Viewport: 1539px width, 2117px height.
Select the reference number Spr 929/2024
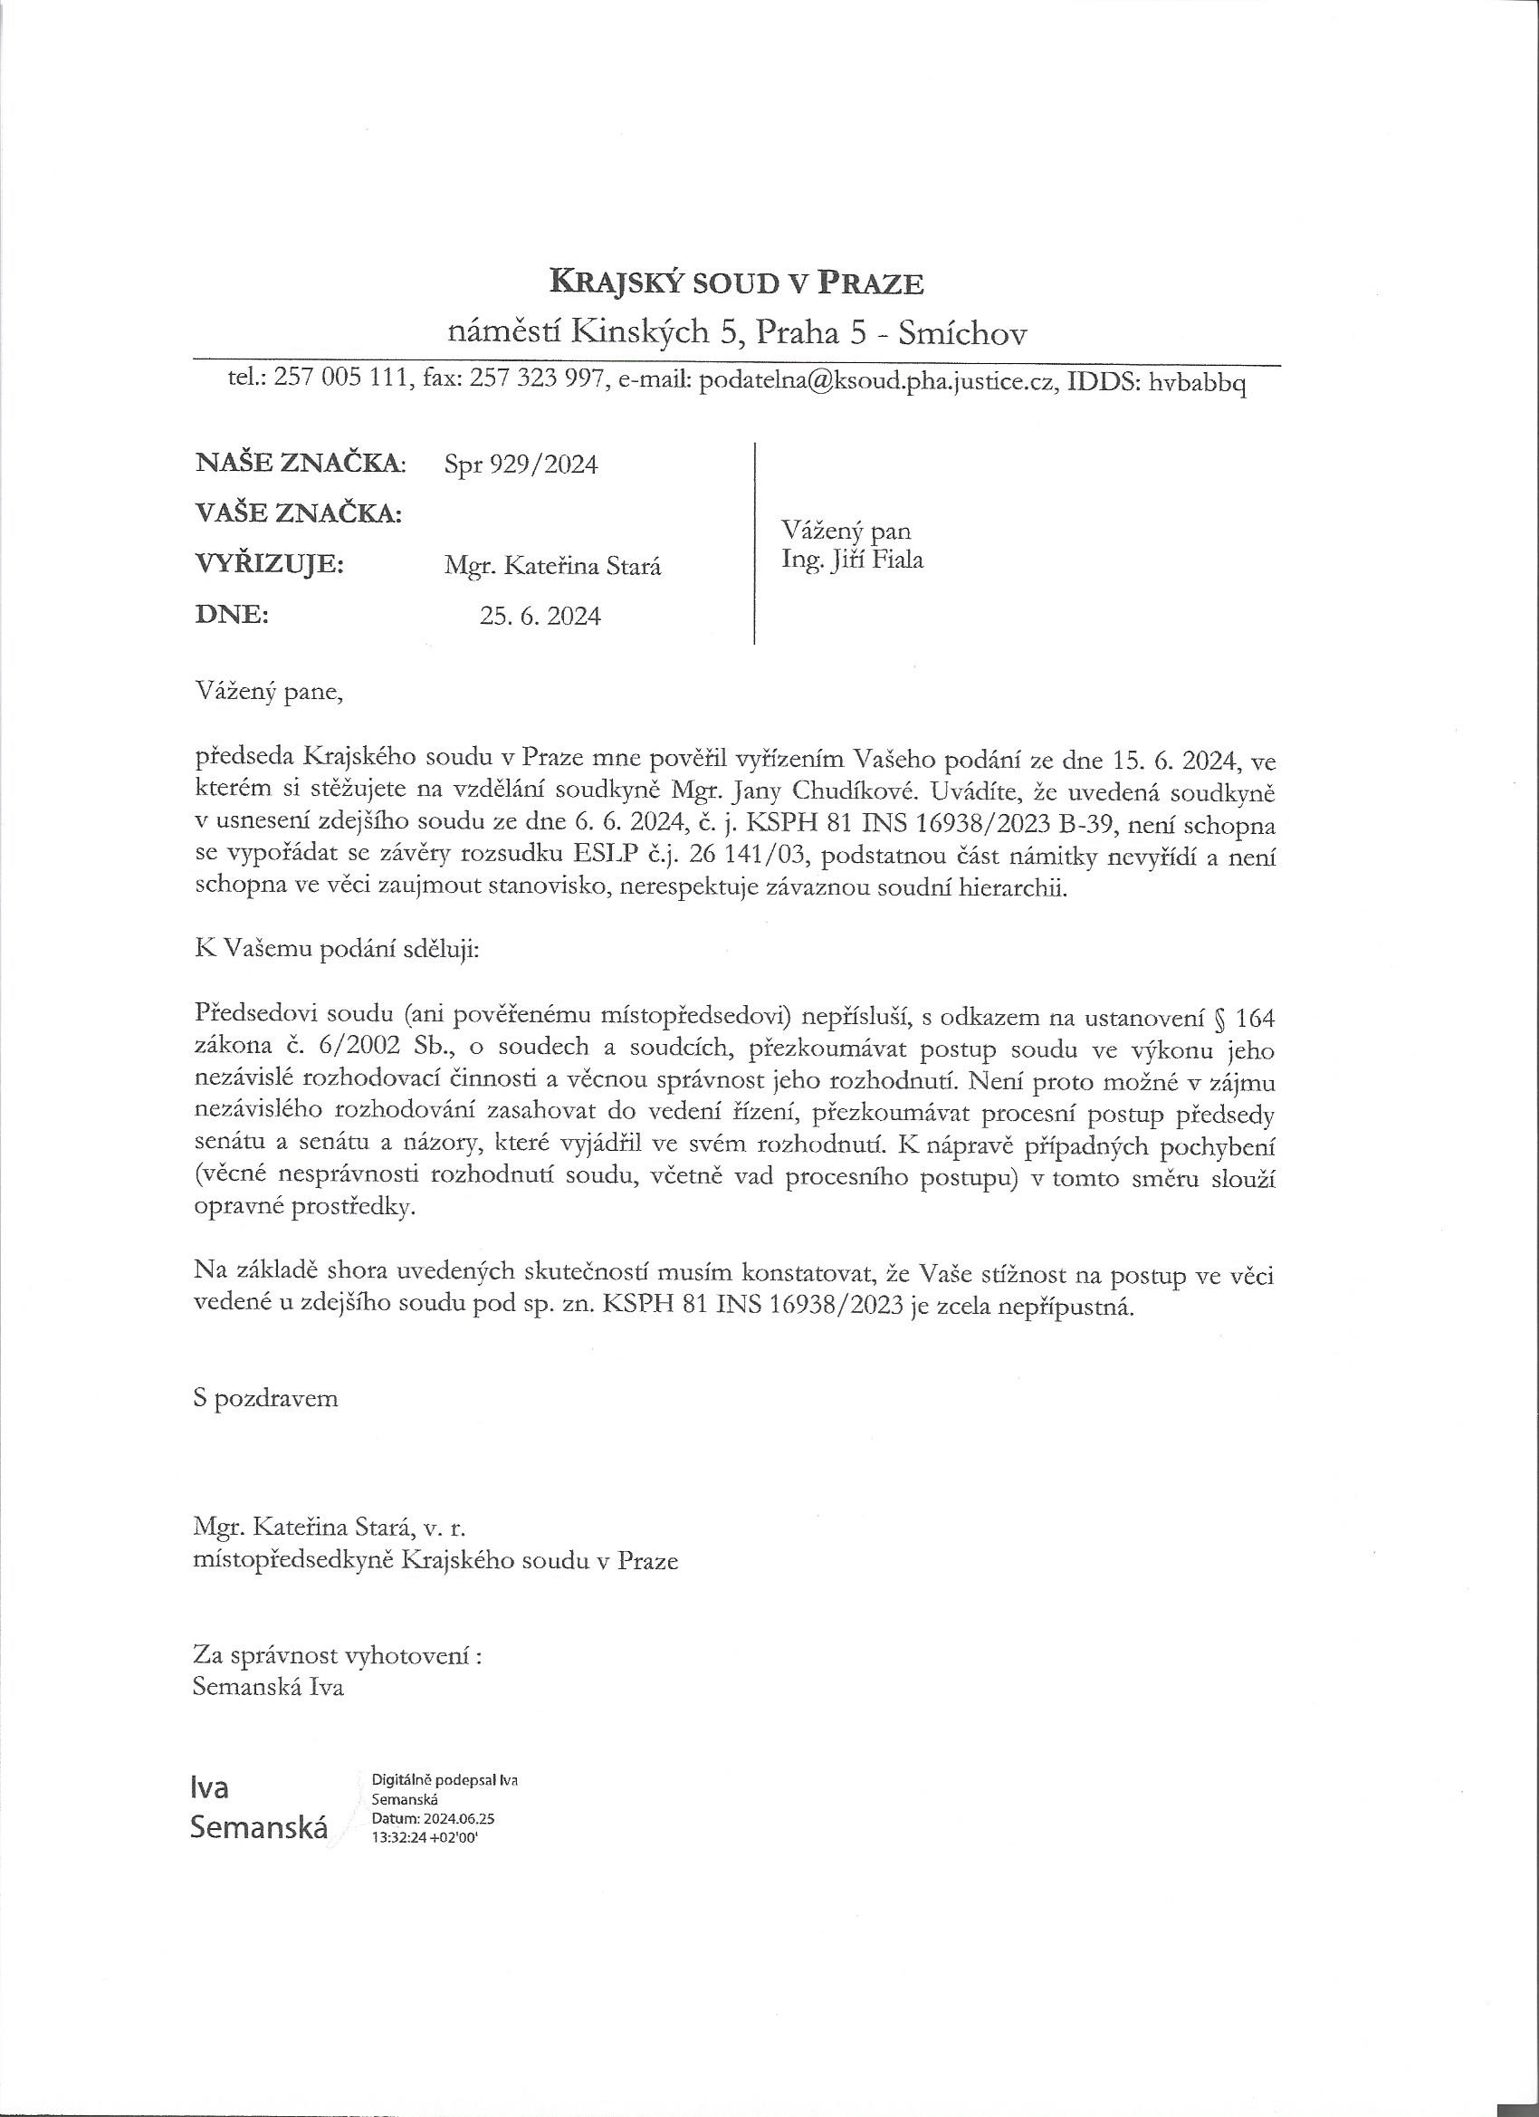coord(521,465)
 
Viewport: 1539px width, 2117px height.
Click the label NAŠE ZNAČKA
coord(301,463)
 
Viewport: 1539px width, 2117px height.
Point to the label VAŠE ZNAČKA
coord(299,513)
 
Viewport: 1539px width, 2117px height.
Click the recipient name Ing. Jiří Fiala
coord(852,560)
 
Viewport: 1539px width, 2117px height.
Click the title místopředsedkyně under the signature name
coord(293,1561)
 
